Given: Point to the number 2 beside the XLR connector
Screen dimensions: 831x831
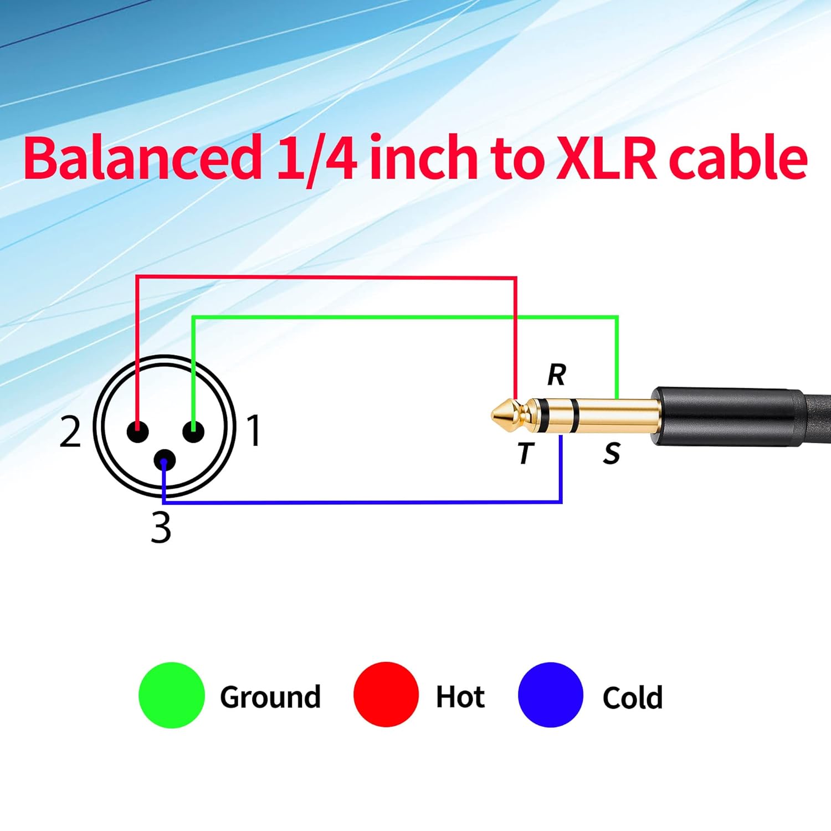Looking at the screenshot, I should coord(70,432).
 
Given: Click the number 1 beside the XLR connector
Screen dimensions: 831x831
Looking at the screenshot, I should coord(254,430).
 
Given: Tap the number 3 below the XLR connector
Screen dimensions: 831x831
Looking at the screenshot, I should coord(161,527).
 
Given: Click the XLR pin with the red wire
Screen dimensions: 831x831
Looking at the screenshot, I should coord(137,432).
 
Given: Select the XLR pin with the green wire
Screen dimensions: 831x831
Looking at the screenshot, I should coord(193,432).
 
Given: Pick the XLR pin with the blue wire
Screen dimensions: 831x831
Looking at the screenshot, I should coord(165,460).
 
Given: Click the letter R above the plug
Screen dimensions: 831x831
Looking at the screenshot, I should coord(557,375).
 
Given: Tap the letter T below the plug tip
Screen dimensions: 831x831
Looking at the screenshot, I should coord(525,453).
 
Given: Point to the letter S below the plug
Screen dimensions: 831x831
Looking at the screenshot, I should coord(612,454).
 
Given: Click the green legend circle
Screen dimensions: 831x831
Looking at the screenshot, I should coord(172,695).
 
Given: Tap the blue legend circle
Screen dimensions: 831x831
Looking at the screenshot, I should coord(550,695).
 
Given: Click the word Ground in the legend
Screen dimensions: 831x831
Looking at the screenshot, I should coord(270,697).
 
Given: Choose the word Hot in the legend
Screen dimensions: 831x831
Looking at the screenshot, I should coord(460,696).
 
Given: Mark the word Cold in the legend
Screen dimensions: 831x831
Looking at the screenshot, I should coord(632,697).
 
